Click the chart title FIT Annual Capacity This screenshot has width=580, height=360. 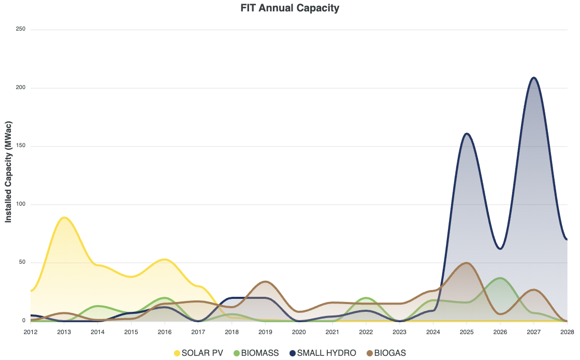(290, 8)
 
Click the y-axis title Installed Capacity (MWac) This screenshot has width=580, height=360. (8, 176)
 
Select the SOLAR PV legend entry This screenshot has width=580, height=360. (198, 353)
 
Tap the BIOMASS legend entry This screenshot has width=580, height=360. (256, 353)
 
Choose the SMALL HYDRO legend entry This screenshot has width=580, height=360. (323, 353)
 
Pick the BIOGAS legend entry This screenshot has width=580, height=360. (386, 353)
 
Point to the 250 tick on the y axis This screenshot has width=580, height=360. (21, 30)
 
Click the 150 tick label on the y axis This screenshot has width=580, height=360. (21, 146)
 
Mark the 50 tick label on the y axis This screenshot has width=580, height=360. (22, 263)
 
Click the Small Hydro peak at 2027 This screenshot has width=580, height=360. (533, 78)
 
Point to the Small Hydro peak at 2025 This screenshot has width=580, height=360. (467, 134)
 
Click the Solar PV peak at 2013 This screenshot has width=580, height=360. (64, 218)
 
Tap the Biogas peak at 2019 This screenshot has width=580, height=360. (265, 281)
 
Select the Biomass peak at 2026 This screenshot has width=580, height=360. (500, 278)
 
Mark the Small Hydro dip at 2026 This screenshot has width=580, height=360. (500, 249)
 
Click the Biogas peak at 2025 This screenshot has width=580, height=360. (467, 263)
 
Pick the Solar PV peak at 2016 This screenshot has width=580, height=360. (164, 260)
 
